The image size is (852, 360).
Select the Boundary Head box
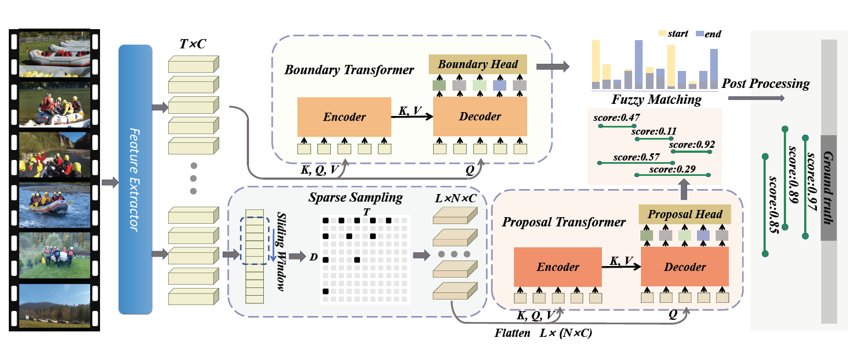pos(477,64)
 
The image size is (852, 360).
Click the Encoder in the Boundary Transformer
pos(344,117)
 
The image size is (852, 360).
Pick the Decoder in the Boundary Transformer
pos(480,117)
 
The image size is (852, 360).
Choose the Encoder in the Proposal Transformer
pos(558,267)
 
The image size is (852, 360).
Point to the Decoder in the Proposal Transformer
pos(685,267)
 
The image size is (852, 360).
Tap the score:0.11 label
pos(654,131)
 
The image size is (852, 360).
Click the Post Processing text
pos(765,84)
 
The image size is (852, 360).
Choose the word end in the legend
pos(713,34)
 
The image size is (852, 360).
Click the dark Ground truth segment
pos(828,187)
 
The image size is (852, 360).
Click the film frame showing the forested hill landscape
pos(54,304)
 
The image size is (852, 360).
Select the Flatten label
pos(512,333)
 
